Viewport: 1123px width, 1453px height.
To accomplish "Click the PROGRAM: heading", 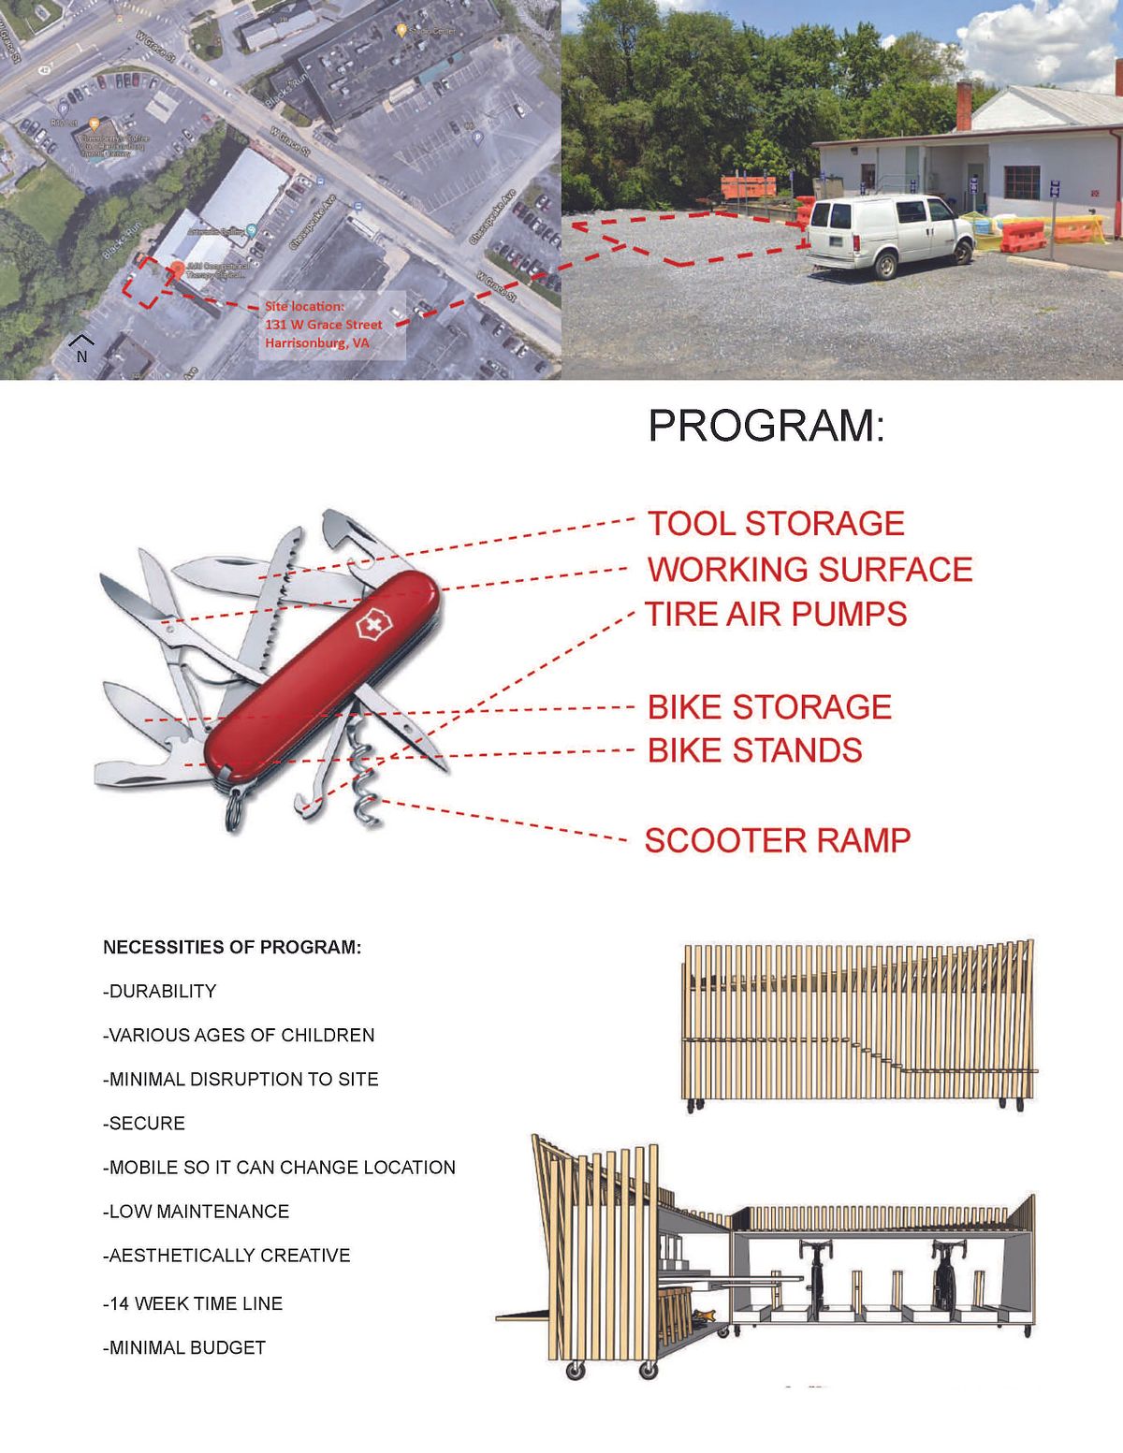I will point(766,427).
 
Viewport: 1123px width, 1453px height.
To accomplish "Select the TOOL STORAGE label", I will point(776,524).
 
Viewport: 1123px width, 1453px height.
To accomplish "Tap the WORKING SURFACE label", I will point(809,570).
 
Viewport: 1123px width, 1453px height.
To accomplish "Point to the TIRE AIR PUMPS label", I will point(776,615).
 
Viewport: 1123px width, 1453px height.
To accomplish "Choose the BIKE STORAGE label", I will point(769,707).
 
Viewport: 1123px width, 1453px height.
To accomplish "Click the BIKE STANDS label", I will point(754,751).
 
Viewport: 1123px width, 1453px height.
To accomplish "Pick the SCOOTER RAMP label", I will point(777,840).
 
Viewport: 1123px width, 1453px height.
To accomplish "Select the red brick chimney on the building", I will point(964,106).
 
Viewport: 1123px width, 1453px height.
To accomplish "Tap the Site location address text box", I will point(324,325).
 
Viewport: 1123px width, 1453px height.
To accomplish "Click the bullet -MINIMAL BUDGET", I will point(184,1348).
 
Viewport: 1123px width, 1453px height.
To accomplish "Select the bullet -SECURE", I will point(144,1124).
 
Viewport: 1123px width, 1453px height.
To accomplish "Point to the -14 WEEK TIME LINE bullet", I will point(193,1303).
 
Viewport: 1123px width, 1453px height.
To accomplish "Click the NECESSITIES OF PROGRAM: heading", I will point(232,947).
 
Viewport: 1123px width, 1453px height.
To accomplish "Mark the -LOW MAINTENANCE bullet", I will point(197,1212).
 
